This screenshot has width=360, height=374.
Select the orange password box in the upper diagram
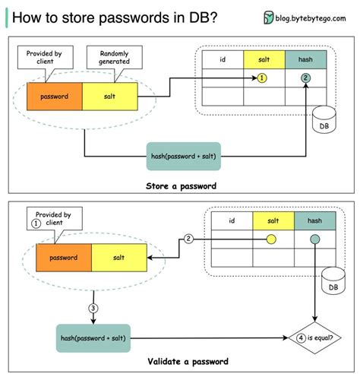pos(54,97)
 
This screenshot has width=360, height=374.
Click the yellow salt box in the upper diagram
pos(109,97)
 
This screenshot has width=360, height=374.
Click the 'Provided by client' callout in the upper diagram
pos(49,59)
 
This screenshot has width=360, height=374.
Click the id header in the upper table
pos(222,59)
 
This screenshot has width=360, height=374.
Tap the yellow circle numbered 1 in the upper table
pos(263,78)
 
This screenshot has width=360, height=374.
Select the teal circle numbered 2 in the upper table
pos(305,78)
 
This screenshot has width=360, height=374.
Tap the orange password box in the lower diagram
pos(63,258)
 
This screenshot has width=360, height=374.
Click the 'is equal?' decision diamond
pos(313,336)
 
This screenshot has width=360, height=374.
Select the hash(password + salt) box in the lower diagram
pos(93,337)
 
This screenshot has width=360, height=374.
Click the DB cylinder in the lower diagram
pos(330,283)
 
